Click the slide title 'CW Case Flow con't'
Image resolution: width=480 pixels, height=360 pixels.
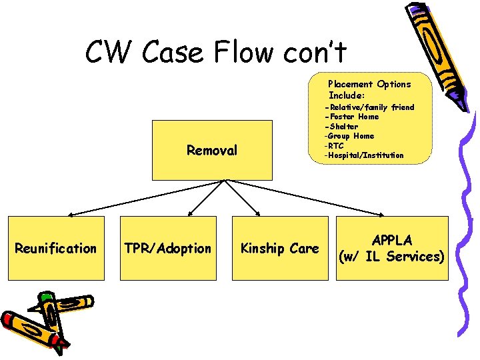(x=217, y=51)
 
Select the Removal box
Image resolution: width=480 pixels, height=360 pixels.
(x=212, y=151)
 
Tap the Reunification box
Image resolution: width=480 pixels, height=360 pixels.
(x=56, y=248)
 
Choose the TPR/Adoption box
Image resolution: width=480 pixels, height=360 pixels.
(x=167, y=248)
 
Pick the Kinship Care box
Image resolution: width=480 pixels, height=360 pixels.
(x=279, y=248)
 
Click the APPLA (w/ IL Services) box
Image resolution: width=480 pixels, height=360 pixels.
(x=392, y=248)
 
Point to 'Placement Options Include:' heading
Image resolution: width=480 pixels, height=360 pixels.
(x=369, y=89)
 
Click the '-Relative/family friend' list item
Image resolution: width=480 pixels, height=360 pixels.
(x=369, y=107)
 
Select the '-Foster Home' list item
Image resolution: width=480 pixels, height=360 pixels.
(x=351, y=117)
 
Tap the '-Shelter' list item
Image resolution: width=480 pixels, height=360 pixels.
(x=341, y=127)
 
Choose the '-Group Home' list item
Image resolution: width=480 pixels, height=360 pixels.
(x=349, y=136)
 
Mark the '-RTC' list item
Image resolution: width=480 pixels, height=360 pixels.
(x=334, y=145)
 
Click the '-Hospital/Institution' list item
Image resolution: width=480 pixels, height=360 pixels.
(x=363, y=155)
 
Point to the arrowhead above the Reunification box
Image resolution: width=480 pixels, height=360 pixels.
(x=71, y=214)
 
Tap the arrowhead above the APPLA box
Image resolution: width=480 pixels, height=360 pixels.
(x=381, y=214)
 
